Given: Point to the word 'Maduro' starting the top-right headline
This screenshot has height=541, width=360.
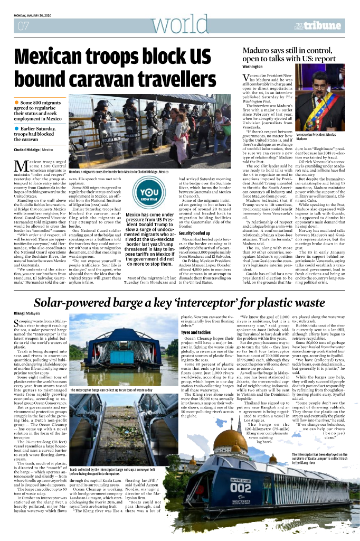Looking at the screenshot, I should pyautogui.click(x=258, y=51).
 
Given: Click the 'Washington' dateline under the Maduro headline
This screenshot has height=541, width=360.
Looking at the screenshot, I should pyautogui.click(x=252, y=67).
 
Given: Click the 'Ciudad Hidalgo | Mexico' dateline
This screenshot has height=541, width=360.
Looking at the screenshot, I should pyautogui.click(x=33, y=150).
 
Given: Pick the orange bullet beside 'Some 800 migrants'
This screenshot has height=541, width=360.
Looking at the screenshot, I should pyautogui.click(x=17, y=101).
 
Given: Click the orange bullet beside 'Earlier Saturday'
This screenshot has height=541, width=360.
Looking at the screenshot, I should pyautogui.click(x=17, y=128).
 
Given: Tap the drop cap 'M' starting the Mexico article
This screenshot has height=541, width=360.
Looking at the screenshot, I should pyautogui.click(x=20, y=166).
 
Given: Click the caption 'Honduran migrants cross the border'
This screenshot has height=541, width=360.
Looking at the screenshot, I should pyautogui.click(x=118, y=172).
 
